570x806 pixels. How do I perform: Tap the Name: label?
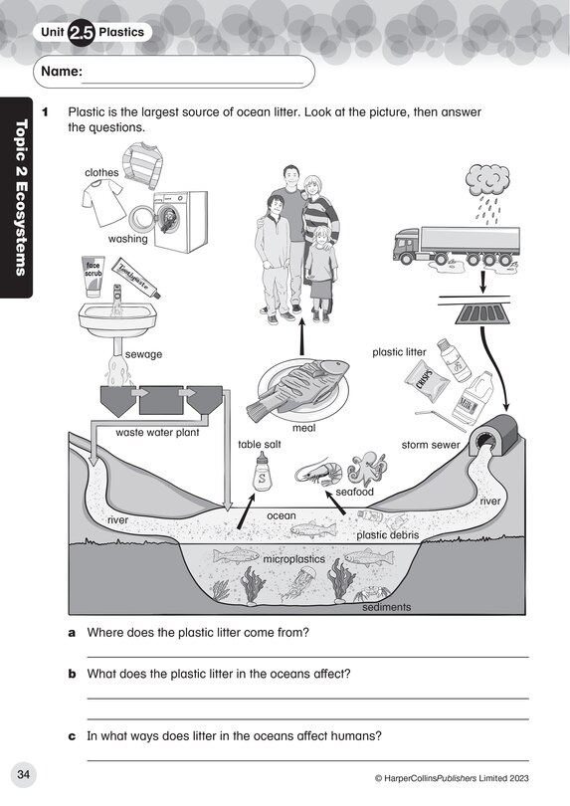pyautogui.click(x=62, y=72)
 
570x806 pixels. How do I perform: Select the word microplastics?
pyautogui.click(x=293, y=560)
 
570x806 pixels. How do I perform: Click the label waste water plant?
pyautogui.click(x=157, y=433)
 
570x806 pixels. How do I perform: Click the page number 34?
pyautogui.click(x=26, y=774)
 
